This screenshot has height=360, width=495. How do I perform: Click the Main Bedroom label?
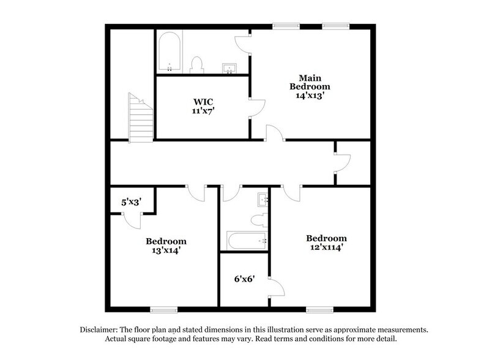tap(311, 82)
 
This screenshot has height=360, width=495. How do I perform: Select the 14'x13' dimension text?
tap(311, 96)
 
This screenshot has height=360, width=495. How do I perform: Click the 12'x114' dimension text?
tap(327, 248)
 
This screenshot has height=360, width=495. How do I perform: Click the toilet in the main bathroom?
tap(197, 64)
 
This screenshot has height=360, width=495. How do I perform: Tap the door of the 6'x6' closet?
tap(275, 288)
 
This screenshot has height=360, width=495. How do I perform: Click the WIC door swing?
tap(256, 108)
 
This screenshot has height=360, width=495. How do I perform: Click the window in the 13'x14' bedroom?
tap(163, 308)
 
